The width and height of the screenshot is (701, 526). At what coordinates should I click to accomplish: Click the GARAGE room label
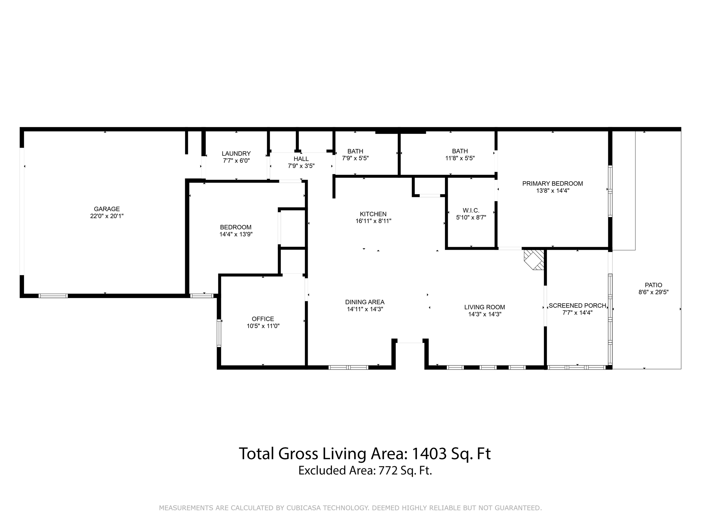click(x=107, y=209)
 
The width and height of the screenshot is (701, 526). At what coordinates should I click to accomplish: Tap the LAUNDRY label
click(x=236, y=154)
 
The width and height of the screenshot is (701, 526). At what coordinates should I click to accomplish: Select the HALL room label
click(x=301, y=159)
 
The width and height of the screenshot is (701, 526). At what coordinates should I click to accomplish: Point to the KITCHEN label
click(x=373, y=214)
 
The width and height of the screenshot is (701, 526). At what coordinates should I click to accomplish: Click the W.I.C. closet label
click(x=471, y=211)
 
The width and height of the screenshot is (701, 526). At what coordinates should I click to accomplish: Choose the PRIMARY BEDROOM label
click(x=552, y=184)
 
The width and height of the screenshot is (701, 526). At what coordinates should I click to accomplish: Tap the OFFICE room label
click(x=263, y=319)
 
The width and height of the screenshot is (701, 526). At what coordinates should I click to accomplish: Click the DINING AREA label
click(x=365, y=302)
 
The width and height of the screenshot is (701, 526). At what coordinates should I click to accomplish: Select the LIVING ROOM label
click(x=485, y=308)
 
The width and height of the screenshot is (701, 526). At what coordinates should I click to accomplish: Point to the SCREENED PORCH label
click(x=577, y=306)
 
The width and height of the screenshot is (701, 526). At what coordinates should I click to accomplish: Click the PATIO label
click(x=653, y=285)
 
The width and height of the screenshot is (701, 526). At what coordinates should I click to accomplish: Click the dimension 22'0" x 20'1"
click(x=107, y=216)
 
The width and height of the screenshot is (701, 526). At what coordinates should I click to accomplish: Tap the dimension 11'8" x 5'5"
click(x=460, y=158)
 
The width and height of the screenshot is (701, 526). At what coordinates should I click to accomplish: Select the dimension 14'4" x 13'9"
click(x=236, y=235)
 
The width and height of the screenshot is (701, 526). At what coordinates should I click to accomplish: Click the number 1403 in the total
click(x=429, y=454)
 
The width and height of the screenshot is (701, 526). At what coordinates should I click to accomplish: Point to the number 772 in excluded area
click(x=388, y=471)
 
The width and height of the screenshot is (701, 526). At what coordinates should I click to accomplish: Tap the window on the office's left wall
click(x=219, y=333)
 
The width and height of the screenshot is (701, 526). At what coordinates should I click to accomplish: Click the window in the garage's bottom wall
click(x=53, y=296)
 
